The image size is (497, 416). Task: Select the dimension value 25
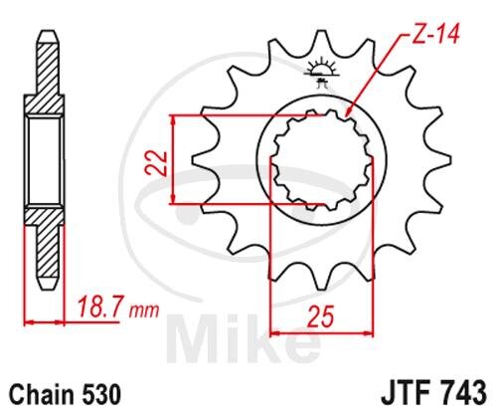click(x=321, y=315)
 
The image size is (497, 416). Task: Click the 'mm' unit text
click(x=144, y=311)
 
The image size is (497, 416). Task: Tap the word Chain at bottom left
click(x=40, y=395)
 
